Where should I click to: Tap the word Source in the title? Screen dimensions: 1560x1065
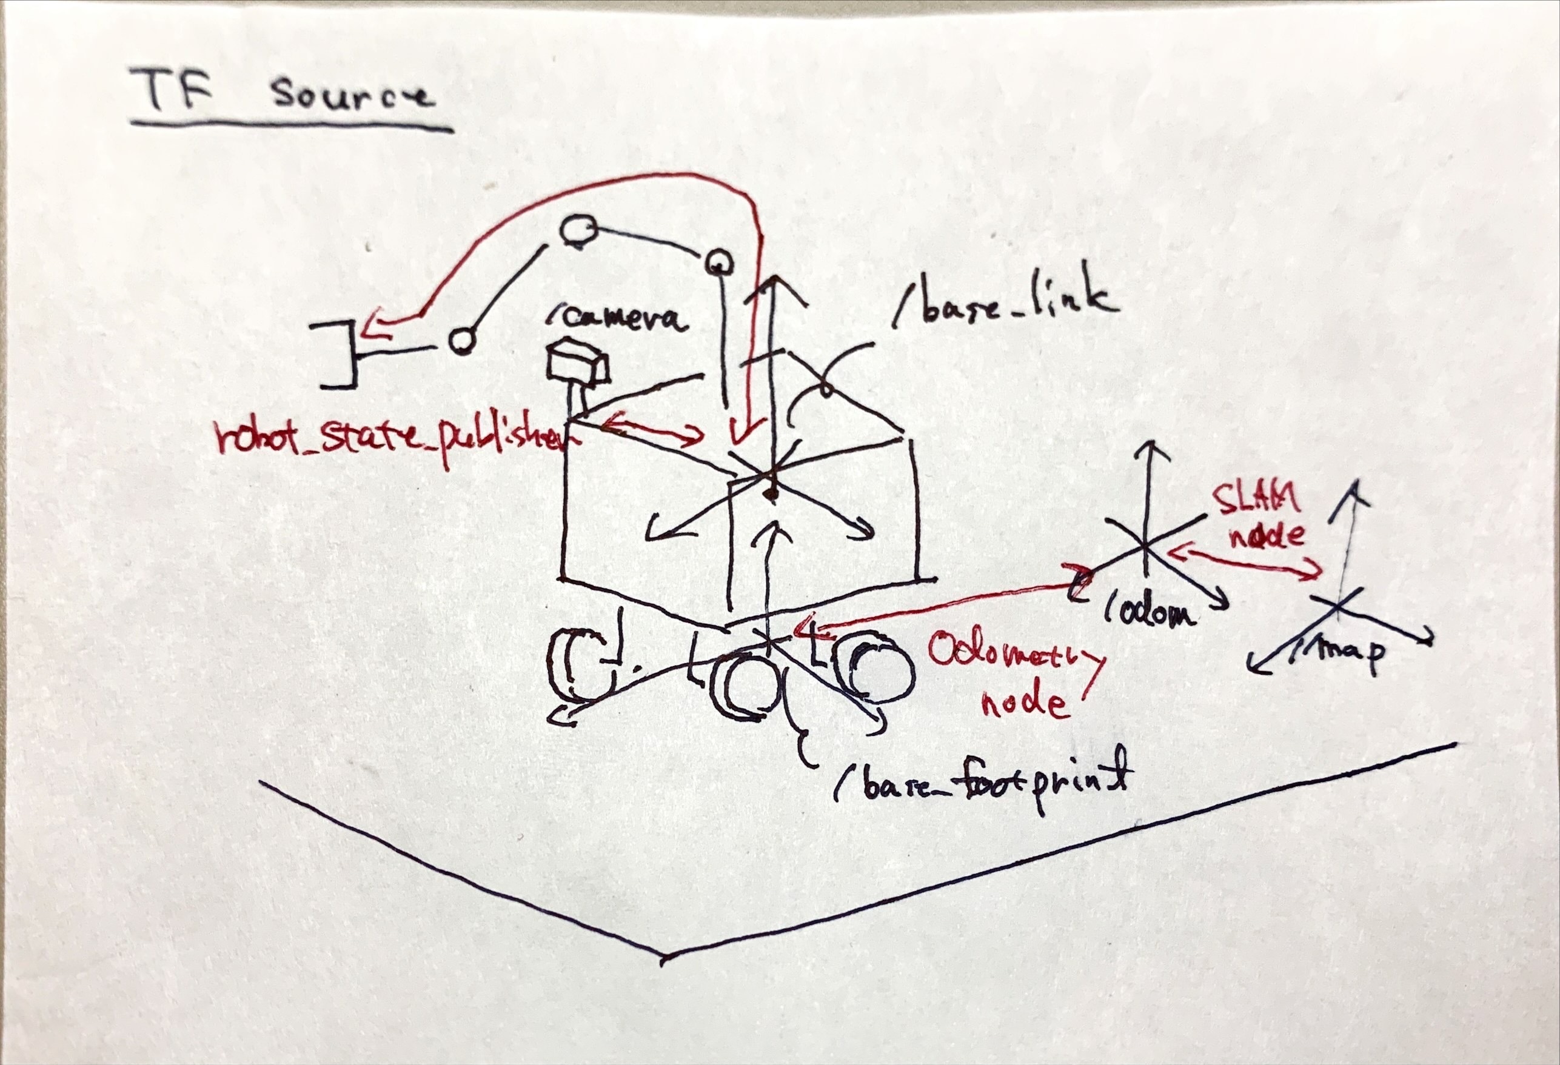tap(352, 98)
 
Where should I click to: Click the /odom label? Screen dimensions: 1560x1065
tap(1149, 612)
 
